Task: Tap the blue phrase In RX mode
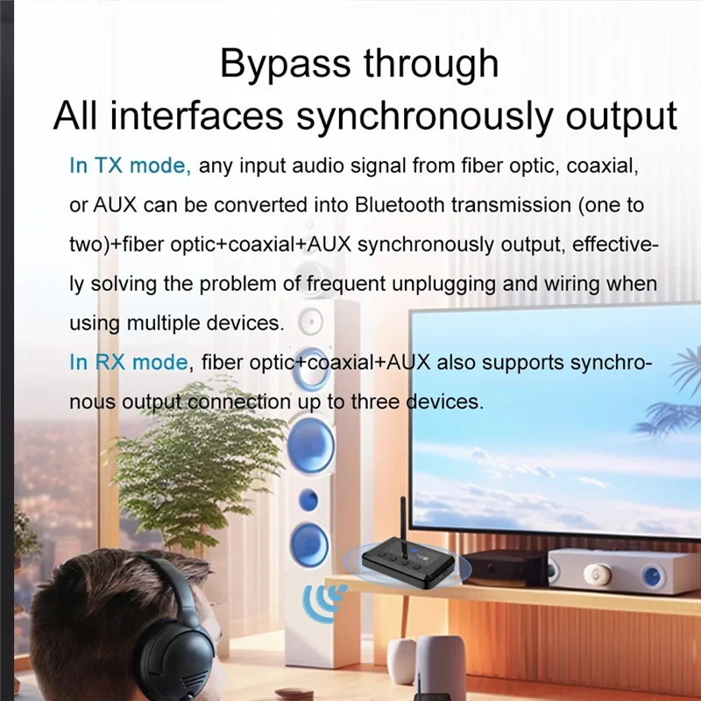[129, 362]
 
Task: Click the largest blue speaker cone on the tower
[309, 446]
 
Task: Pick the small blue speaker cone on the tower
[308, 500]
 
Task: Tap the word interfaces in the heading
[197, 117]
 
